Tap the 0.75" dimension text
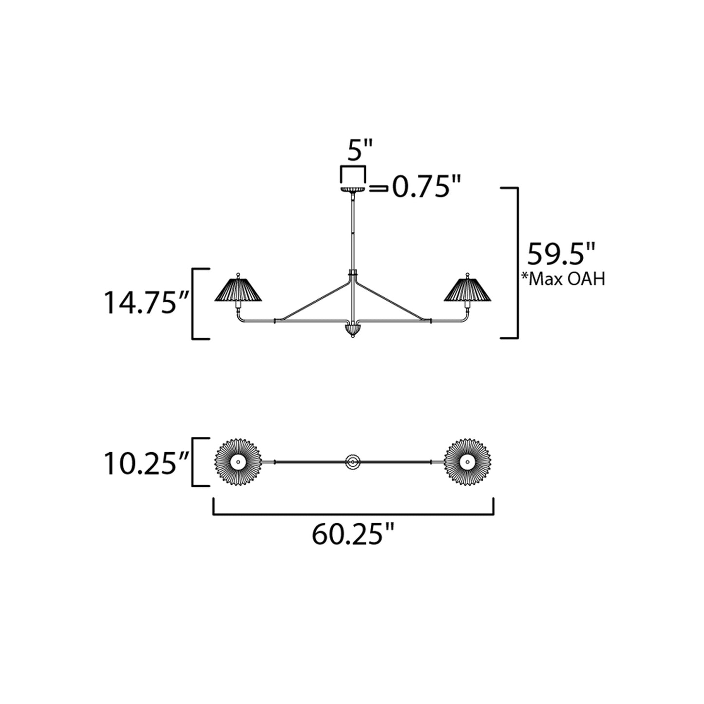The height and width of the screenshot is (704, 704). click(x=426, y=188)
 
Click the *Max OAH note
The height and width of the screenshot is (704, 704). click(x=563, y=279)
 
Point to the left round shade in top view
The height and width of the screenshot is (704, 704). click(x=238, y=462)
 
